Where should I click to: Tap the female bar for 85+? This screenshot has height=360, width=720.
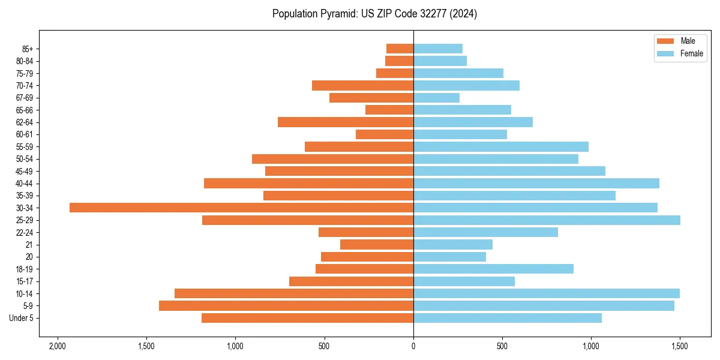pos(438,49)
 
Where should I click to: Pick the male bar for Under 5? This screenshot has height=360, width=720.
pos(307,318)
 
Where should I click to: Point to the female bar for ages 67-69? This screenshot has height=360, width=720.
pos(436,98)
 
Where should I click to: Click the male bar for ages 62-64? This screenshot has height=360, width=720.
pos(346,122)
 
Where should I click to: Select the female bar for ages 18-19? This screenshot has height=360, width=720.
pos(493,269)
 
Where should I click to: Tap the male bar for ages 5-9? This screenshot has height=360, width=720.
pos(286,306)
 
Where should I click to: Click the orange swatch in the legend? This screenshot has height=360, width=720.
pos(666,41)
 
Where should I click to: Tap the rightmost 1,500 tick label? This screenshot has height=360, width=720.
pos(680,346)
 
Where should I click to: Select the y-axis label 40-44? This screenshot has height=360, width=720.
pos(25,184)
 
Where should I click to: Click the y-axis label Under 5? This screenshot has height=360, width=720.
pos(22,318)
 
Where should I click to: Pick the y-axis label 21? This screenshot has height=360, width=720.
pos(29,245)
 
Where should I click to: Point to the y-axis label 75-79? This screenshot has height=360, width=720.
pos(25,73)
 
